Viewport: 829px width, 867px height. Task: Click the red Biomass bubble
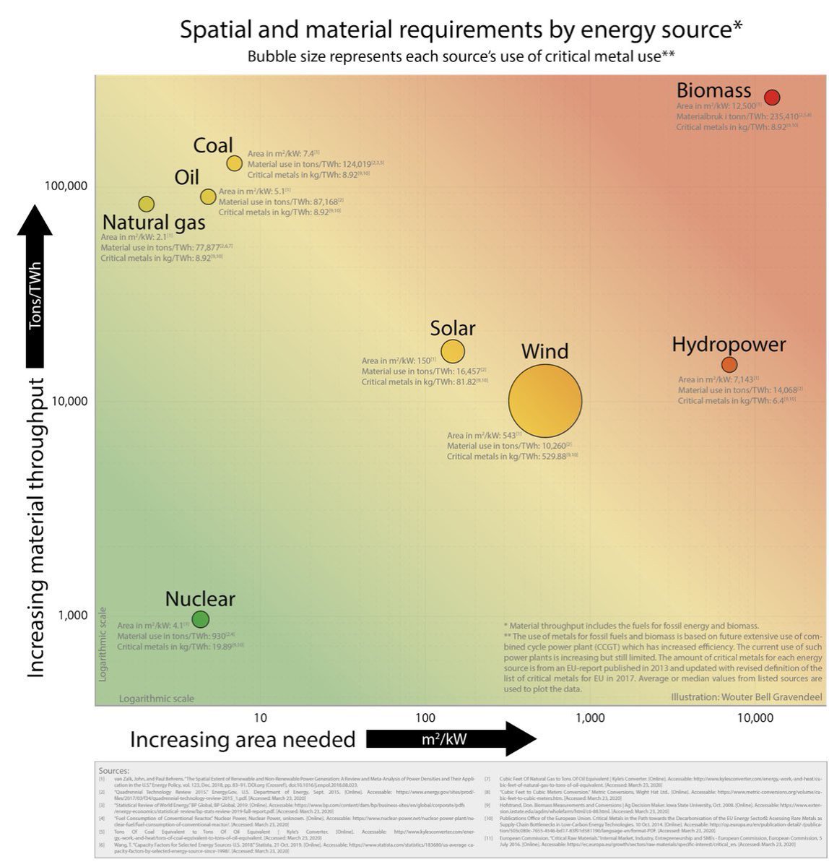coord(772,98)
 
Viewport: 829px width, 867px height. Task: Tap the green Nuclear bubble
coord(201,619)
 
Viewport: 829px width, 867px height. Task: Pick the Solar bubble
coord(453,351)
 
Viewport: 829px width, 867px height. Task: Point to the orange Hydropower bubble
coord(729,364)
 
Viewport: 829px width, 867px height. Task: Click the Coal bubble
coord(234,163)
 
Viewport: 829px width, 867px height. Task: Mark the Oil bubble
coord(208,197)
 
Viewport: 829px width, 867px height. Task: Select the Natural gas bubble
coord(146,204)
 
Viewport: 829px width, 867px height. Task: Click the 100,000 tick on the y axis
coord(66,186)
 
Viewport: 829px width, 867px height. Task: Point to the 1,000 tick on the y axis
coord(73,615)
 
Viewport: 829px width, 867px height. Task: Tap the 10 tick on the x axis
coord(261,717)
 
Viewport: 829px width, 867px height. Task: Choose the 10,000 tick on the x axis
coord(755,717)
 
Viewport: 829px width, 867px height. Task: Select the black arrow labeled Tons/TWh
coord(35,289)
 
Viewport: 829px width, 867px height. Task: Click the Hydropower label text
coord(729,344)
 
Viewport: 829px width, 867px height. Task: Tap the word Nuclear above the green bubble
coord(200,599)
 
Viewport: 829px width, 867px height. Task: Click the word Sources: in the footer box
coord(114,771)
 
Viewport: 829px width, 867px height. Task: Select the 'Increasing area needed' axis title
coord(243,739)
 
